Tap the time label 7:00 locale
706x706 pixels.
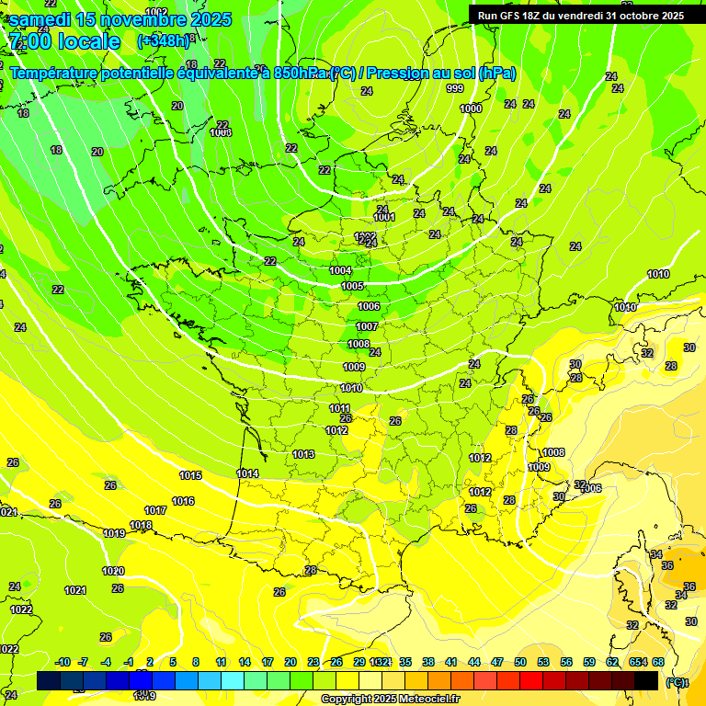tap(63, 41)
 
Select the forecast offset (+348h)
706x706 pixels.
tap(159, 41)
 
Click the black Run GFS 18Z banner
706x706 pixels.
tap(580, 16)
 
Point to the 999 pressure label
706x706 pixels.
tap(455, 88)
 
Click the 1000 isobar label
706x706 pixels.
tap(470, 108)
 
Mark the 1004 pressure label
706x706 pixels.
tap(340, 270)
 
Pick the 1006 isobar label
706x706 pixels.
tap(369, 306)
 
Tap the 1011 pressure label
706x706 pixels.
tap(340, 408)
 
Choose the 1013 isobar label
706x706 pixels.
tap(303, 454)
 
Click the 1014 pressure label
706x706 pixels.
tap(247, 473)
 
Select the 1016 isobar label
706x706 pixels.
tap(183, 501)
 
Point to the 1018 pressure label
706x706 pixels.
tap(141, 525)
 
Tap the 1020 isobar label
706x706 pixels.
tap(113, 571)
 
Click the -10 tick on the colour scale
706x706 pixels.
tap(63, 662)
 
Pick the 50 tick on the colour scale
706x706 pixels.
tap(520, 662)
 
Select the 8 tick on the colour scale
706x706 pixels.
tap(196, 662)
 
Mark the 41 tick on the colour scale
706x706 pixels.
tap(451, 662)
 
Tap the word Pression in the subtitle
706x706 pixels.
tap(398, 74)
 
